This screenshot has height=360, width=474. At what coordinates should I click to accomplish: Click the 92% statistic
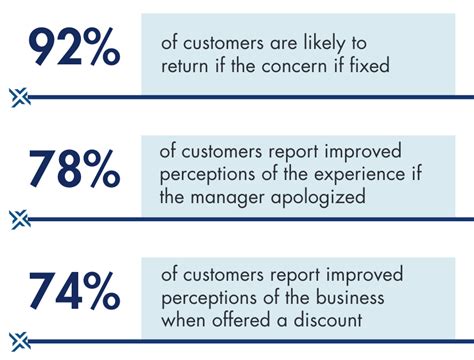point(74,49)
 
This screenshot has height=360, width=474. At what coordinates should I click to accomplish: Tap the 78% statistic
point(74,171)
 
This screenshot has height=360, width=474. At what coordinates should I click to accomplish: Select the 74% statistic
point(74,293)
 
